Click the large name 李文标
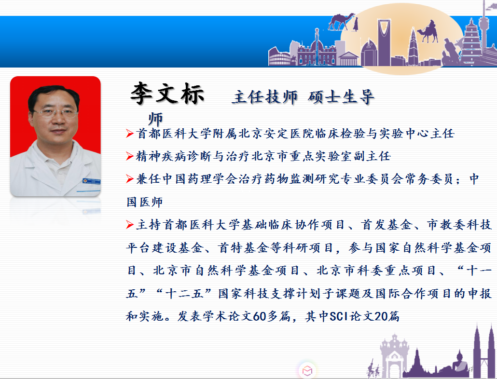(167, 93)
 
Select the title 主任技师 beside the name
(265, 97)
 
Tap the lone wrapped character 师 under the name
(155, 119)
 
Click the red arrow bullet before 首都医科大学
(130, 133)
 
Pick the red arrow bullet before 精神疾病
(130, 156)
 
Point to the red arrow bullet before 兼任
(130, 179)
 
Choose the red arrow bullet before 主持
(130, 225)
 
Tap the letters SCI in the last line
(339, 316)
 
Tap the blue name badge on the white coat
(91, 181)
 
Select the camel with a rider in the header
(428, 31)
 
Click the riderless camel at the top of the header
(341, 22)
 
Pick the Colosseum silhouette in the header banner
(279, 56)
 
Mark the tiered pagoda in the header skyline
(471, 41)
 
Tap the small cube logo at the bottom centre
(307, 370)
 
